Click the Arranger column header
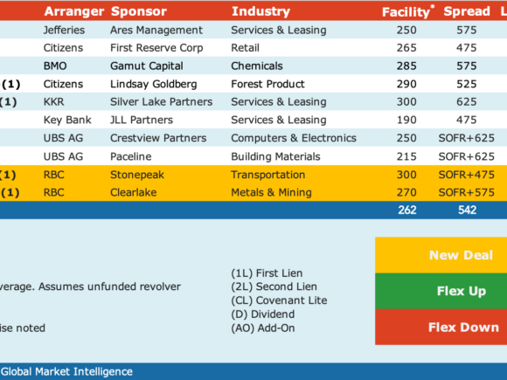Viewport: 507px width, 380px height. pyautogui.click(x=74, y=11)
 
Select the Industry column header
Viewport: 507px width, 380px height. pyautogui.click(x=261, y=11)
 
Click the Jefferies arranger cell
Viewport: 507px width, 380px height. pyautogui.click(x=64, y=30)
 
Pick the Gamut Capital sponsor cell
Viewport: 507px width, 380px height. pyautogui.click(x=147, y=66)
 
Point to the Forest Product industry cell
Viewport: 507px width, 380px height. pyautogui.click(x=267, y=84)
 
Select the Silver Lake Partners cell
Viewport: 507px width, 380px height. pyautogui.click(x=162, y=102)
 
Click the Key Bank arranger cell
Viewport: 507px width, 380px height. pyautogui.click(x=67, y=120)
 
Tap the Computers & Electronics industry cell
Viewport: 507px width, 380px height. pyautogui.click(x=294, y=138)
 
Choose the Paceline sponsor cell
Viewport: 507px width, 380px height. pyautogui.click(x=130, y=156)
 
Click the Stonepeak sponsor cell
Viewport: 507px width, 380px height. pyautogui.click(x=137, y=175)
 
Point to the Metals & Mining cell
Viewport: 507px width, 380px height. pyautogui.click(x=271, y=192)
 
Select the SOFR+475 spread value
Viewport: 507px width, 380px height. pyautogui.click(x=466, y=175)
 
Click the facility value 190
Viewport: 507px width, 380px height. pyautogui.click(x=406, y=120)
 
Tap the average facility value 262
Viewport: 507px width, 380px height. pyautogui.click(x=407, y=210)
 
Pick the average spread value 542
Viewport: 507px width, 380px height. pyautogui.click(x=468, y=210)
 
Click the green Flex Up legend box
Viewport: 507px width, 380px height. pyautogui.click(x=441, y=291)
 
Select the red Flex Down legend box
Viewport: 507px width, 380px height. pyautogui.click(x=441, y=327)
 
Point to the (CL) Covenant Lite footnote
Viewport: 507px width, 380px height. pyautogui.click(x=279, y=301)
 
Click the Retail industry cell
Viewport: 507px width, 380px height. pyautogui.click(x=245, y=48)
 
